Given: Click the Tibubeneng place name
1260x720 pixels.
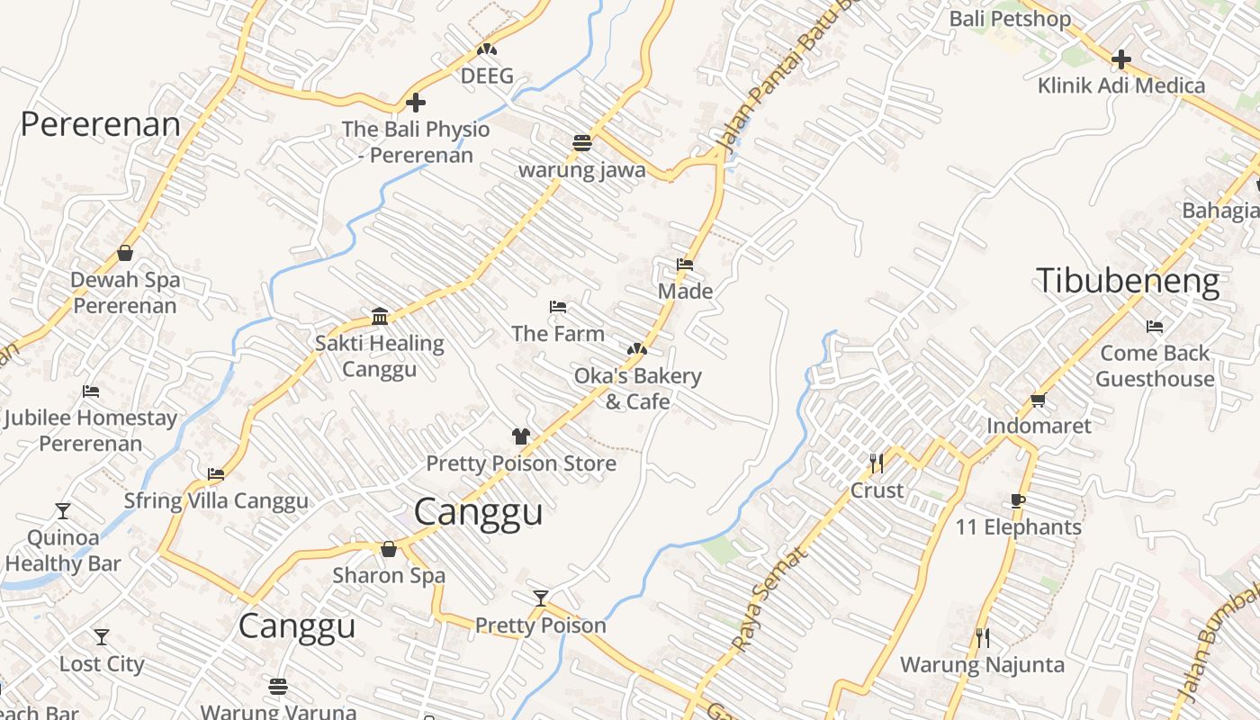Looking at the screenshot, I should (1128, 281).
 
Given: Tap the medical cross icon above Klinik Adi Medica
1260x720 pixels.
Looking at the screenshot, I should (1120, 60).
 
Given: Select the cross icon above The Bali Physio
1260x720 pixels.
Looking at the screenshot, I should (415, 103).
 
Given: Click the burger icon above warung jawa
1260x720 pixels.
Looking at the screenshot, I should (581, 143).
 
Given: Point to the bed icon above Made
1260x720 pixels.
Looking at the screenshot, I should (685, 265).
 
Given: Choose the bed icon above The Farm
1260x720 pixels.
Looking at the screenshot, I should (558, 307).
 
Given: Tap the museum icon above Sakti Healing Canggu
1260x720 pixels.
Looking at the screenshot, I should (380, 317).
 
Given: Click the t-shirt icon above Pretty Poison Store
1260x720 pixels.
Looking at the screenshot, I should (521, 437).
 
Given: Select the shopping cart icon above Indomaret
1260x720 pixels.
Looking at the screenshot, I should (1039, 400).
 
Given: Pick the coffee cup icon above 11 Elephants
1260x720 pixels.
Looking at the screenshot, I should (1018, 501).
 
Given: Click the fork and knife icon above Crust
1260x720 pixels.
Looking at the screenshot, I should (877, 463).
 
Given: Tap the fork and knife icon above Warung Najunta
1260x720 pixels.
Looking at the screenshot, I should (983, 638).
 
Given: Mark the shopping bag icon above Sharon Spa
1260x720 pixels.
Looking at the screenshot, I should (389, 549).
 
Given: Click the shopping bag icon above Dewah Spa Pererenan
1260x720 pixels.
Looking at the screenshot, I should (125, 254).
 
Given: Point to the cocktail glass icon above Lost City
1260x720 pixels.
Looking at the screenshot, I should (102, 637).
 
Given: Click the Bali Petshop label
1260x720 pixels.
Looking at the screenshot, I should (1010, 19).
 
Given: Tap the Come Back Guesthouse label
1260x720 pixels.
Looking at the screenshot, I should (1155, 365).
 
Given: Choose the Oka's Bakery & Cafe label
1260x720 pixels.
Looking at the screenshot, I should (637, 388).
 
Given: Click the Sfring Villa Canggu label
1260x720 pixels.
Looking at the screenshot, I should (216, 500).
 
